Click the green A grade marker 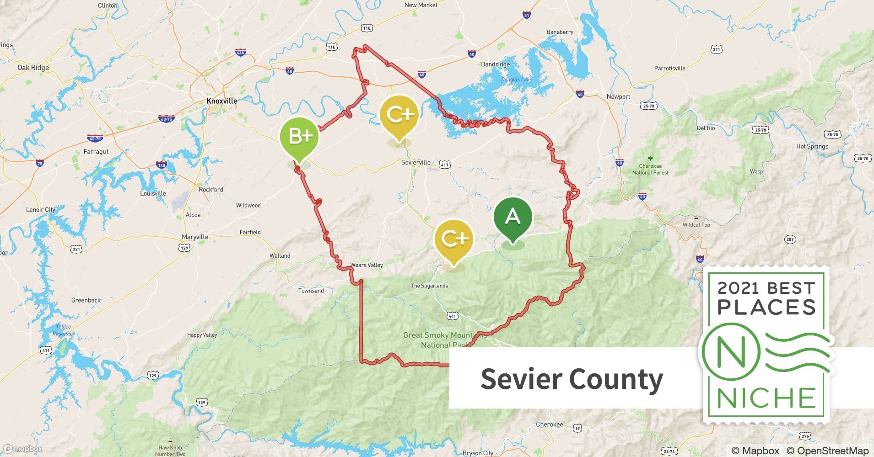[513, 217]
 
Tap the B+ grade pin [300, 136]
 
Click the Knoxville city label [221, 101]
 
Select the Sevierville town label [415, 162]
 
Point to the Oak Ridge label [33, 68]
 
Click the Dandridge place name [495, 64]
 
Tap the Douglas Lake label [517, 80]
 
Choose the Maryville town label [195, 237]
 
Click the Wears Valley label [367, 265]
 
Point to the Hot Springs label [812, 147]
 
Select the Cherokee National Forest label [650, 170]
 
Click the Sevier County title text [572, 379]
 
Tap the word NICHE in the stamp [766, 398]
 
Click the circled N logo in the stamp [731, 352]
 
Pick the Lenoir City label [40, 210]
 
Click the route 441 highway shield [452, 316]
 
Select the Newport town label [618, 96]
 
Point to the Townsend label [311, 291]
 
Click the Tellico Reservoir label [63, 330]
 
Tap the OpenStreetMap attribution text [827, 451]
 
